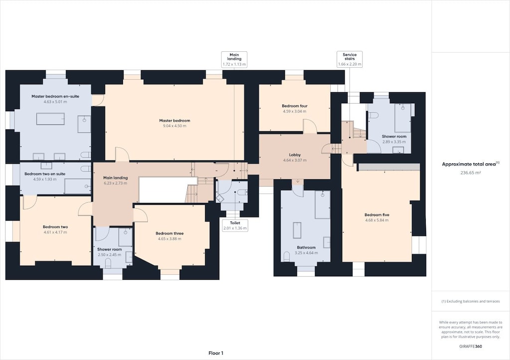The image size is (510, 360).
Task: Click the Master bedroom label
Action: pyautogui.click(x=174, y=120)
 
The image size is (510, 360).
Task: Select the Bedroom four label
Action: pyautogui.click(x=294, y=106)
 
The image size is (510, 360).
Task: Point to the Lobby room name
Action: pyautogui.click(x=294, y=155)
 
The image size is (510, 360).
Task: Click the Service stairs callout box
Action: pyautogui.click(x=349, y=59)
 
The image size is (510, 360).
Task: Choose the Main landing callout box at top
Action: pyautogui.click(x=234, y=59)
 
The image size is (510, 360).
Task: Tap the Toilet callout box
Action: pyautogui.click(x=235, y=226)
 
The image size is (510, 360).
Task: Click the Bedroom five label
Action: pyautogui.click(x=377, y=215)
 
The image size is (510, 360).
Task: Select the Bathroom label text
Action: pyautogui.click(x=306, y=247)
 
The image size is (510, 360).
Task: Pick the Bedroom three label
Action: pyautogui.click(x=169, y=233)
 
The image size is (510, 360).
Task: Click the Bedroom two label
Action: pyautogui.click(x=55, y=227)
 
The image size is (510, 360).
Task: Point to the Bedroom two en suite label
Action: pyautogui.click(x=45, y=174)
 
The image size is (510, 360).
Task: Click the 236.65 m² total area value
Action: pyautogui.click(x=470, y=173)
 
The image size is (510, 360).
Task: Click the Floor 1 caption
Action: pyautogui.click(x=216, y=353)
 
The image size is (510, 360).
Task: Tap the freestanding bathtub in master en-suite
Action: pyautogui.click(x=50, y=119)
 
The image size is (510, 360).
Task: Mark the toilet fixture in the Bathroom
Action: pyautogui.click(x=286, y=256)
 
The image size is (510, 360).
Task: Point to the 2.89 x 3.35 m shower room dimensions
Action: pyautogui.click(x=394, y=141)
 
